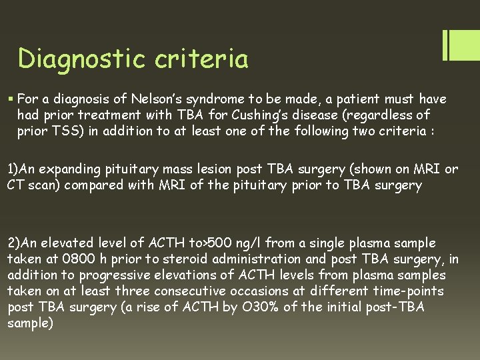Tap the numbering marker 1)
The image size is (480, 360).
(15, 169)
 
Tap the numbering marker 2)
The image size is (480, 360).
(15, 243)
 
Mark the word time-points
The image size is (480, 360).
(413, 291)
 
